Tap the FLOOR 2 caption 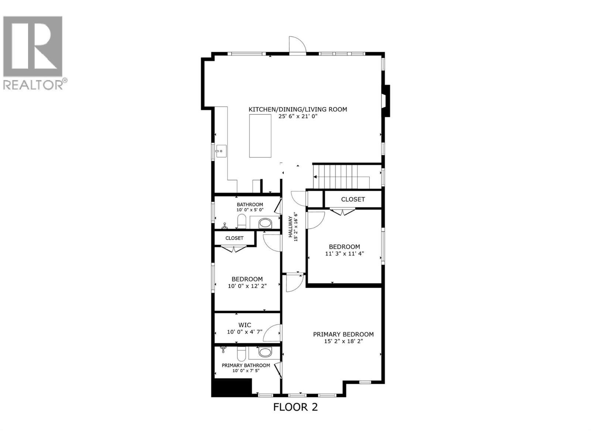tap(295, 407)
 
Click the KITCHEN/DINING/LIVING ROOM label tap(298, 109)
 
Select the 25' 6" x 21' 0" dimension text tap(298, 116)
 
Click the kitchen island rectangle tap(260, 136)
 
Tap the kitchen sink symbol tap(221, 151)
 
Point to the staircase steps tap(336, 176)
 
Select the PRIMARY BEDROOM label tap(343, 334)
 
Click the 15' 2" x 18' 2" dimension tap(343, 341)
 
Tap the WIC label tap(245, 325)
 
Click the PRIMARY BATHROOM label tap(246, 365)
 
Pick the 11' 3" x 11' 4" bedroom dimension tap(344, 254)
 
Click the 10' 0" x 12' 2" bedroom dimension tap(247, 286)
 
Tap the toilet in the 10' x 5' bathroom tap(242, 222)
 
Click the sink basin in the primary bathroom tap(265, 352)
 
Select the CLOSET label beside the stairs tap(353, 199)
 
